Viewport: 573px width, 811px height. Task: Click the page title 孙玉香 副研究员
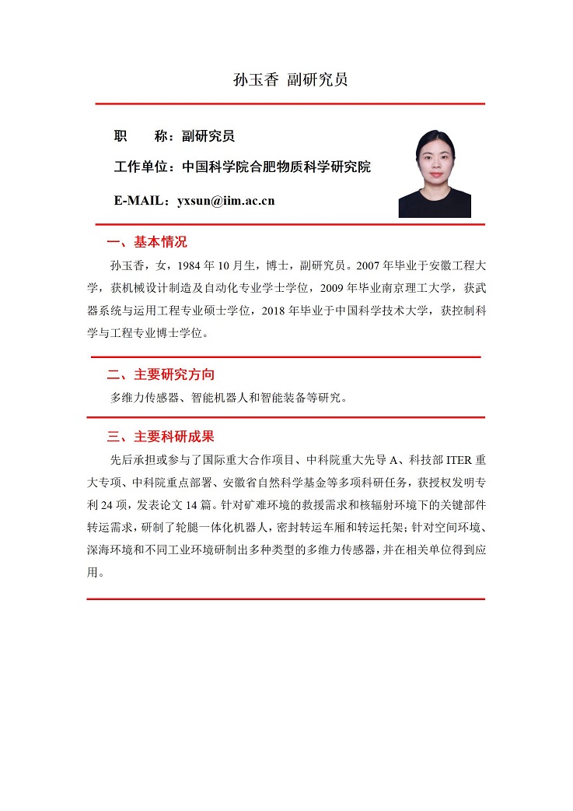tap(290, 80)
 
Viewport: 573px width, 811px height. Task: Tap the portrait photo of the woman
tap(435, 173)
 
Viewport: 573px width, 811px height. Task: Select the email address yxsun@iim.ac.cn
tap(226, 201)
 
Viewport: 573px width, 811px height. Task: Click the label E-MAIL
tap(141, 201)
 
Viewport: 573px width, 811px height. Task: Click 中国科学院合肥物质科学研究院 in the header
tap(276, 167)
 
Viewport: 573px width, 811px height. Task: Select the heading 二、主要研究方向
tap(160, 374)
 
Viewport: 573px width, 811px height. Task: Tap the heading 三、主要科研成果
tap(160, 436)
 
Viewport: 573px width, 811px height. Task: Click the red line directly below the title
tap(290, 104)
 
